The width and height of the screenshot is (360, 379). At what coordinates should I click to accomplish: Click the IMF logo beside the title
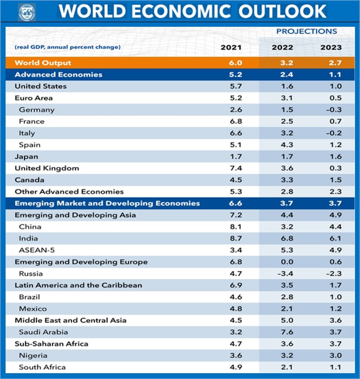[x=27, y=12]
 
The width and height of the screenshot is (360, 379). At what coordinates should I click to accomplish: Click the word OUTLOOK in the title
[x=283, y=11]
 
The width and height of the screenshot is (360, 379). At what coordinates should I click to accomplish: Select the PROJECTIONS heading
[x=307, y=31]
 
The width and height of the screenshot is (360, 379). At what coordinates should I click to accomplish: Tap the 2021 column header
[x=231, y=48]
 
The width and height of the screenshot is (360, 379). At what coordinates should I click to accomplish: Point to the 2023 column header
[x=331, y=48]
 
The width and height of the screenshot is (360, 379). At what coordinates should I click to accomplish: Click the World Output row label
[x=43, y=63]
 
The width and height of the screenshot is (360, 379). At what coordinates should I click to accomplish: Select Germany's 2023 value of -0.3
[x=333, y=110]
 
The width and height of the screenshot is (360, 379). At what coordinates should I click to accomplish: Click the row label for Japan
[x=26, y=156]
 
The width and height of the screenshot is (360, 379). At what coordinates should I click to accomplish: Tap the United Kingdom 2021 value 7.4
[x=235, y=168]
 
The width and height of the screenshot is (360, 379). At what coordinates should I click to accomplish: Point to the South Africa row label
[x=42, y=367]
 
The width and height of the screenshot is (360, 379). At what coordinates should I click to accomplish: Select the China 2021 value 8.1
[x=235, y=226]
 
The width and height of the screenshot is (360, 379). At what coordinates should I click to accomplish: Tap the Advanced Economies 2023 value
[x=336, y=75]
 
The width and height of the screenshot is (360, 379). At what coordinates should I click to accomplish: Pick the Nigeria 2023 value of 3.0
[x=336, y=355]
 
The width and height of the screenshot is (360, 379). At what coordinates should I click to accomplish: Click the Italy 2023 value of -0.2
[x=333, y=133]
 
